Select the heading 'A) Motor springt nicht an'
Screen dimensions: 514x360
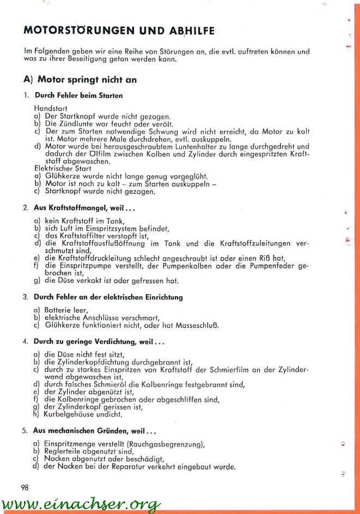[x=80, y=79]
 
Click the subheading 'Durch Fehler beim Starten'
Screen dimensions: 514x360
[x=78, y=95]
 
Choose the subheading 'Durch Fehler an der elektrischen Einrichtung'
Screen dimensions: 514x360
[x=108, y=297]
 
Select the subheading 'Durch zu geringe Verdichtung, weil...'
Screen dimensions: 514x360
[x=99, y=342]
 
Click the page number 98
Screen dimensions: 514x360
[x=25, y=487]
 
